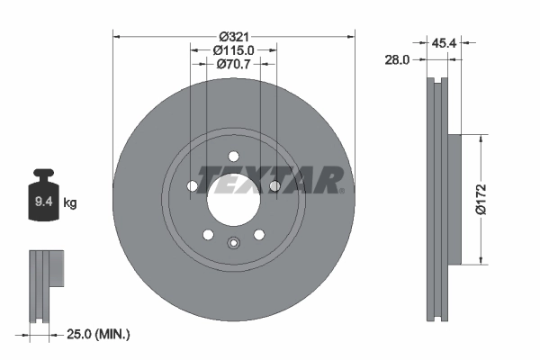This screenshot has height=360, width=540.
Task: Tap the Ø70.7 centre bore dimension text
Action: point(233,64)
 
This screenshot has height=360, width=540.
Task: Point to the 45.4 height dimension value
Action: point(441,42)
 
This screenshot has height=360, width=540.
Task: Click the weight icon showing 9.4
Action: point(43,195)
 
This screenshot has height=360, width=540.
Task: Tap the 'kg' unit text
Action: point(70,203)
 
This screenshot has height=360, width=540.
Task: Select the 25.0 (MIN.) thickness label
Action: point(100,334)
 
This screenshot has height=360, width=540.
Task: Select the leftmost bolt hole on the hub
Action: point(192,186)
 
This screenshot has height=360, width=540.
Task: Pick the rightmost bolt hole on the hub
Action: point(274,186)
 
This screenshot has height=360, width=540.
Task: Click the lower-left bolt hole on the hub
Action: point(208,234)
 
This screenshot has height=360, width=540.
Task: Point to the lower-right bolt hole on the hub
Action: point(258,234)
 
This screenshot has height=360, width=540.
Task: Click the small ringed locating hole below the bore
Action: point(233,242)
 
